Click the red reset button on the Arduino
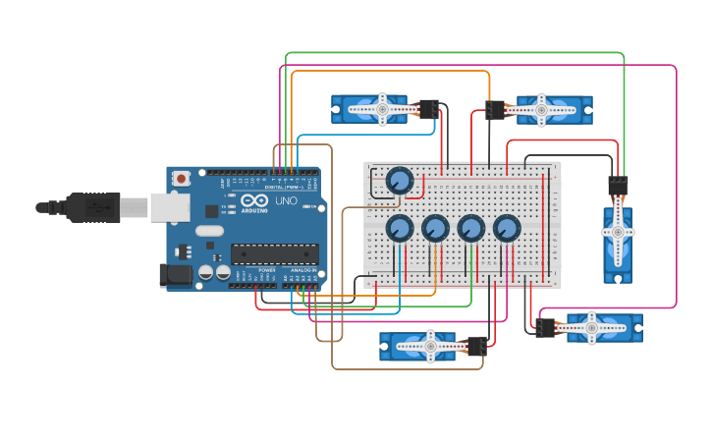click(x=181, y=179)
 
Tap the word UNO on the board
click(x=285, y=201)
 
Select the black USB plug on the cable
click(x=92, y=207)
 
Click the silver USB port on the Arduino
click(x=169, y=206)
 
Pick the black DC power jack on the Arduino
click(x=176, y=275)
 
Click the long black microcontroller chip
click(x=274, y=253)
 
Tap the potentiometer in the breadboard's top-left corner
click(x=399, y=181)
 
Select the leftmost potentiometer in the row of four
click(x=399, y=228)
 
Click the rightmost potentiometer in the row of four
click(x=507, y=228)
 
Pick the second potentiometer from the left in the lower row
click(x=435, y=228)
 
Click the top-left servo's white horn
click(x=379, y=108)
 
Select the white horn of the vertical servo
click(x=618, y=232)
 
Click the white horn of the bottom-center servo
click(x=429, y=346)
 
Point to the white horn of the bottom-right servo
click(x=592, y=327)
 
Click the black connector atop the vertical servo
click(x=618, y=186)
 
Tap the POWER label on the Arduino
click(x=266, y=269)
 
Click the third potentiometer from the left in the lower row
click(x=471, y=228)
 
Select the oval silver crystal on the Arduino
click(x=209, y=231)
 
